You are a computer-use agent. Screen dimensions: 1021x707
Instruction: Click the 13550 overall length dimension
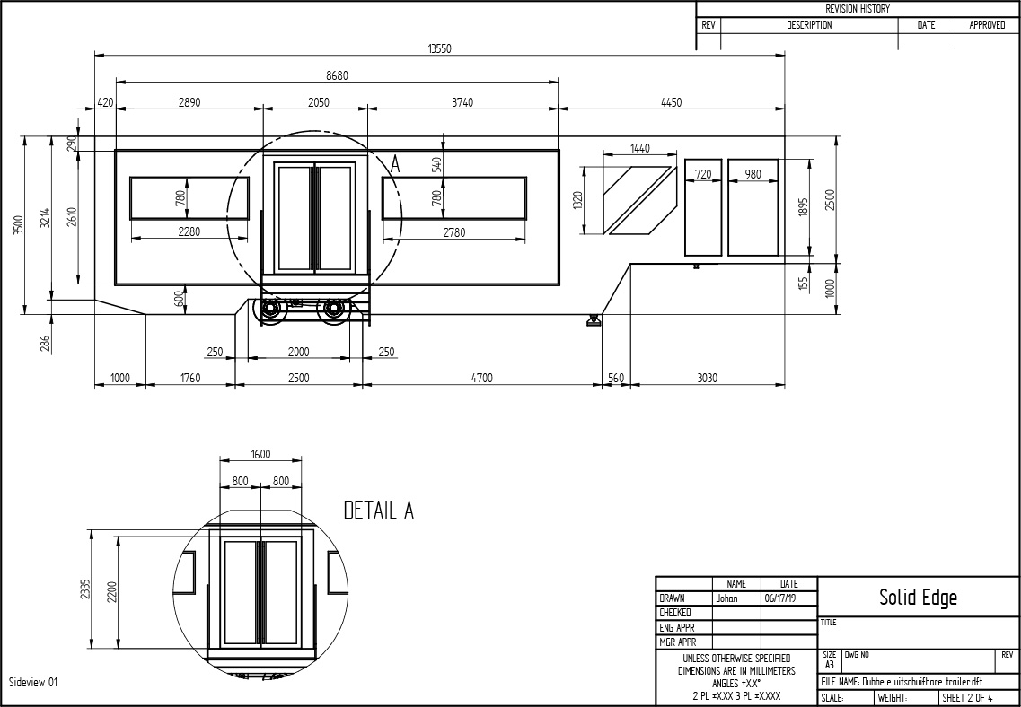(x=439, y=48)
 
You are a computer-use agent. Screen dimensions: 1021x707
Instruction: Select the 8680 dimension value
(x=337, y=75)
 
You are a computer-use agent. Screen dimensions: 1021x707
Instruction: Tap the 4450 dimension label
(x=672, y=102)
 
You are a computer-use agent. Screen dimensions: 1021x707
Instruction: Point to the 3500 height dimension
(x=19, y=225)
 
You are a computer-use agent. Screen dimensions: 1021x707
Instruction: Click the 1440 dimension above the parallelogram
(x=640, y=148)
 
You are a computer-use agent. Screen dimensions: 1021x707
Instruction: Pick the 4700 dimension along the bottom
(x=482, y=378)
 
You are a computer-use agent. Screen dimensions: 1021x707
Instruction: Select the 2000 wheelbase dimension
(x=299, y=352)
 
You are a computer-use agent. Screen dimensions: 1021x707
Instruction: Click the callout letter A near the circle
(x=395, y=164)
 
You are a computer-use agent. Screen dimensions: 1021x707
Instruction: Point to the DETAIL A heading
(x=378, y=511)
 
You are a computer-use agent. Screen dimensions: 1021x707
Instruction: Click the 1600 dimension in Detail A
(x=260, y=455)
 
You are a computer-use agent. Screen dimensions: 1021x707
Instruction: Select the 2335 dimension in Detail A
(x=85, y=589)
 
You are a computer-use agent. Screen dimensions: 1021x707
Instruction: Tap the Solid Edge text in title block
(x=918, y=598)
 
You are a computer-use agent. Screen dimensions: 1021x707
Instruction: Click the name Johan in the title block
(x=726, y=598)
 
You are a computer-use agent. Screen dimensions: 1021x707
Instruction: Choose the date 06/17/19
(x=780, y=598)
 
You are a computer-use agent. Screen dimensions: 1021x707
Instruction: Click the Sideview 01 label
(x=33, y=682)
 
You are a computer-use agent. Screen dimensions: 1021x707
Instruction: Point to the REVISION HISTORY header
(x=857, y=9)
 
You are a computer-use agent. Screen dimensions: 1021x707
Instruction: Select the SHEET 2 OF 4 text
(x=968, y=698)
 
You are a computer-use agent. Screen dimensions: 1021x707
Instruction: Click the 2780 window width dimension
(x=453, y=232)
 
